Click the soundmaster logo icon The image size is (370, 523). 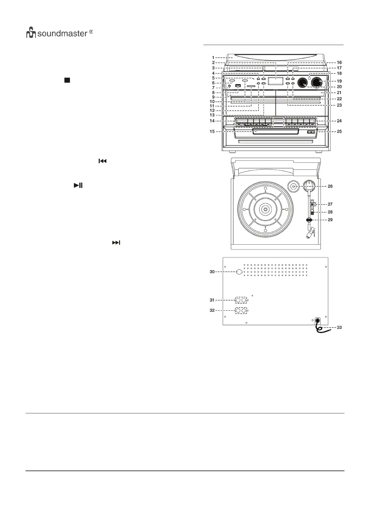point(31,33)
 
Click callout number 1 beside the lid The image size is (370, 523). point(213,57)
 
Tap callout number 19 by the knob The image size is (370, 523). point(339,81)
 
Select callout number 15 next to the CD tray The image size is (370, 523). point(212,131)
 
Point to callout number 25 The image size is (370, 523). point(339,131)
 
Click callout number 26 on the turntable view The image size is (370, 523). point(330,186)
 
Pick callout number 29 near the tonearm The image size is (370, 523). point(330,220)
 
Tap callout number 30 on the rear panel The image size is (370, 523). point(212,272)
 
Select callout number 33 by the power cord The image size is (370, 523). point(339,327)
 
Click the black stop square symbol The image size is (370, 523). point(67,80)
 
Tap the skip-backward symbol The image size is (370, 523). point(103,161)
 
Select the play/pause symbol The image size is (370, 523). point(78,186)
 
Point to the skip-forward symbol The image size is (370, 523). point(116,243)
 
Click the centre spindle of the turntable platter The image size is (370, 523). point(265,210)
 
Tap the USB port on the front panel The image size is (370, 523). point(238,86)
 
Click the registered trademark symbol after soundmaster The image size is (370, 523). point(91,32)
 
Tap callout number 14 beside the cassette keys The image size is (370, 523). point(212,121)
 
